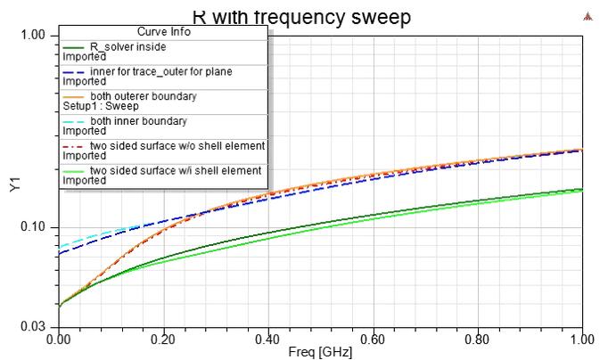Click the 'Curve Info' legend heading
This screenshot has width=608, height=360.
tap(163, 32)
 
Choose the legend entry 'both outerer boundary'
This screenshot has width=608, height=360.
tap(143, 95)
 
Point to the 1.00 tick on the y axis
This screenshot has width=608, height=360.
tap(32, 36)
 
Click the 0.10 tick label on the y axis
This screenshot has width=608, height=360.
tap(32, 227)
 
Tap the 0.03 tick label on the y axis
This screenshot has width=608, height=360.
tap(32, 328)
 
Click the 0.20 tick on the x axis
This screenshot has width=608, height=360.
tap(162, 340)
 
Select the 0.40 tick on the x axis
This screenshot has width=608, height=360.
tap(267, 340)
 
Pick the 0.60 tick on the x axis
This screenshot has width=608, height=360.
tap(373, 340)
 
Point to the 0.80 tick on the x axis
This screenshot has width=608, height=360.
tap(478, 340)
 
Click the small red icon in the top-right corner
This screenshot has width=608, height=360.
tap(587, 15)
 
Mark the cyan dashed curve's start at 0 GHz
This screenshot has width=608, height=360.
tap(59, 246)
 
